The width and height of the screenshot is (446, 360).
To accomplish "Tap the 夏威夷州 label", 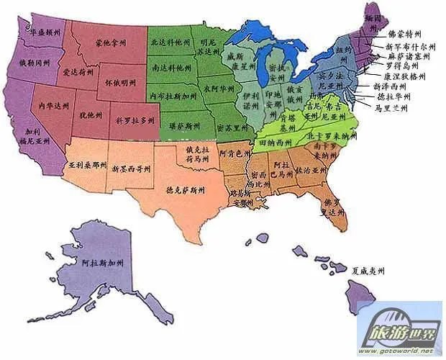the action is pos(367,271).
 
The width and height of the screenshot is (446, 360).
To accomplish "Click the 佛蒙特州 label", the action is pos(406,33).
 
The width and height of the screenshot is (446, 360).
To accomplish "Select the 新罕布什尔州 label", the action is pos(411,45).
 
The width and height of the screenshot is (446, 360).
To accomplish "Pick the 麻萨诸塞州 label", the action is pos(411,55).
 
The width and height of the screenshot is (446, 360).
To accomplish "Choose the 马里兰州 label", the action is pos(391,108).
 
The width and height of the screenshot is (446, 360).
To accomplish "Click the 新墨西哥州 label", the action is pos(132,169).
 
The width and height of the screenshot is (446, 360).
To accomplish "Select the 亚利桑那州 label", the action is pos(88,164).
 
